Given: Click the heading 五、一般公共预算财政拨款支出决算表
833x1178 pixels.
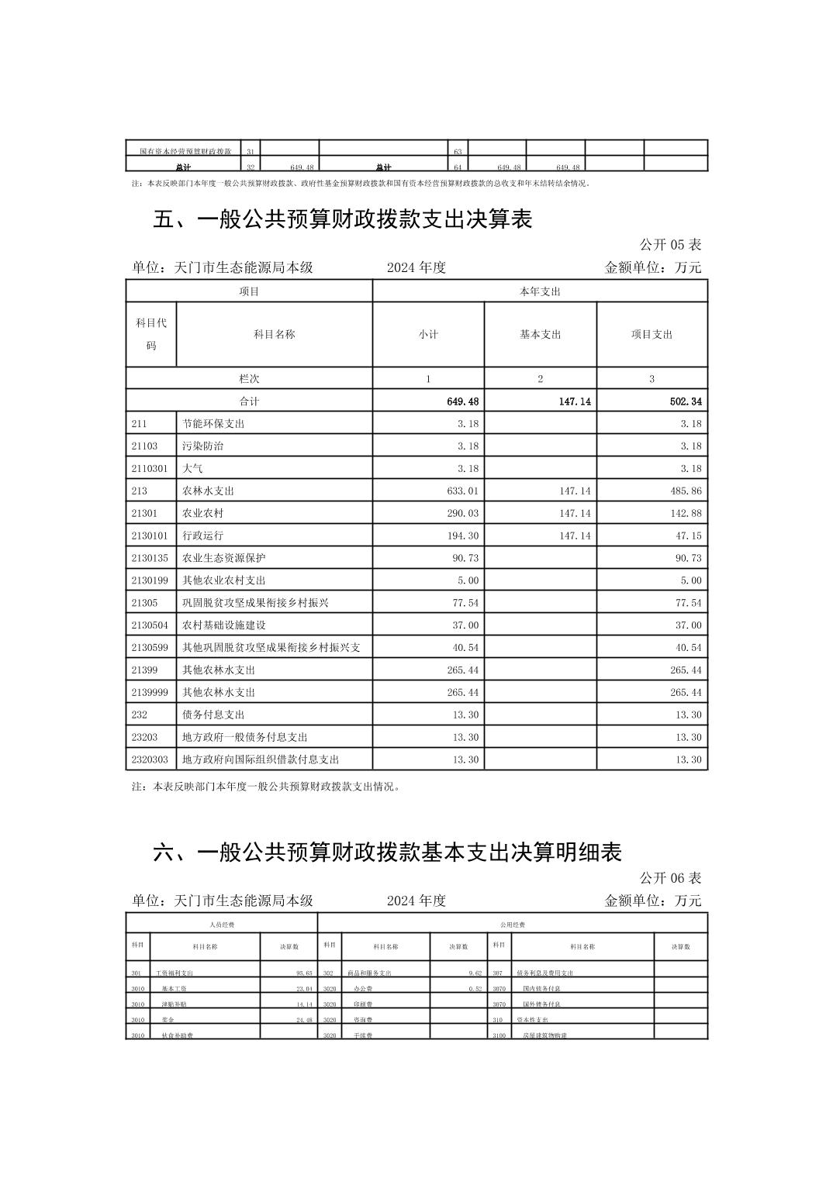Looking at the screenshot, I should tap(343, 220).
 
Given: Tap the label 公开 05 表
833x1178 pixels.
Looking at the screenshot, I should tap(670, 245).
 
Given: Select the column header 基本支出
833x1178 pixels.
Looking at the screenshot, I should tap(540, 335).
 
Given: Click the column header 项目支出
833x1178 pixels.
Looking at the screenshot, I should tap(652, 335).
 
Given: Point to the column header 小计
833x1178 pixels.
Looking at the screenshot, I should tap(428, 335).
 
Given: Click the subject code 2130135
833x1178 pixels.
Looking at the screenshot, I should tap(150, 558).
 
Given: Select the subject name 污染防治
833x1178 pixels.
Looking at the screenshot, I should tap(202, 446).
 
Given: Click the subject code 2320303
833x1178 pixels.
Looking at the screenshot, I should tap(150, 759).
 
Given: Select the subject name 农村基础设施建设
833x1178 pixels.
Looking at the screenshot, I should tap(224, 625).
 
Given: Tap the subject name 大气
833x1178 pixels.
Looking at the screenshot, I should tap(192, 469).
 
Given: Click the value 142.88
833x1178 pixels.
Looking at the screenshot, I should tap(686, 514).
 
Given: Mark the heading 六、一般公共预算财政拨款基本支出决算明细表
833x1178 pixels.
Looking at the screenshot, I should tap(388, 853).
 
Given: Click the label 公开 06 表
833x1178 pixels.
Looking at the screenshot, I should tap(670, 878).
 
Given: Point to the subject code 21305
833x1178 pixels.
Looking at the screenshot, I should tap(144, 603).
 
